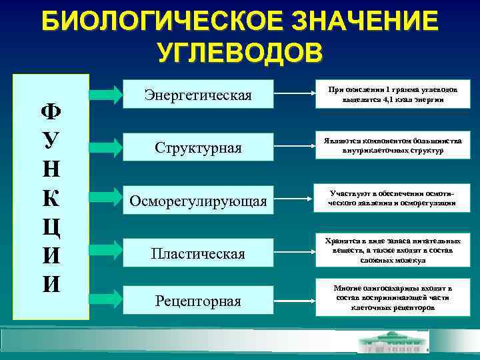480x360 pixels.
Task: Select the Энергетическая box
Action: coord(198,95)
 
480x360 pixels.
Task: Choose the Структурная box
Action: coord(198,147)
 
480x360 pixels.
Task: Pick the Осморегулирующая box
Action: coord(198,200)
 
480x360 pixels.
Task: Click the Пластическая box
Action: coord(198,253)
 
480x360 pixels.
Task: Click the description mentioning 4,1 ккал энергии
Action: coord(392,95)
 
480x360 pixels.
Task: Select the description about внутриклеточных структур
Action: coord(392,146)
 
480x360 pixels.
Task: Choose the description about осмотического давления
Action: coord(392,197)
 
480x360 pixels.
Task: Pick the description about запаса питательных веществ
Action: coord(392,249)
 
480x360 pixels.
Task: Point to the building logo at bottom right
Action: coord(394,341)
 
